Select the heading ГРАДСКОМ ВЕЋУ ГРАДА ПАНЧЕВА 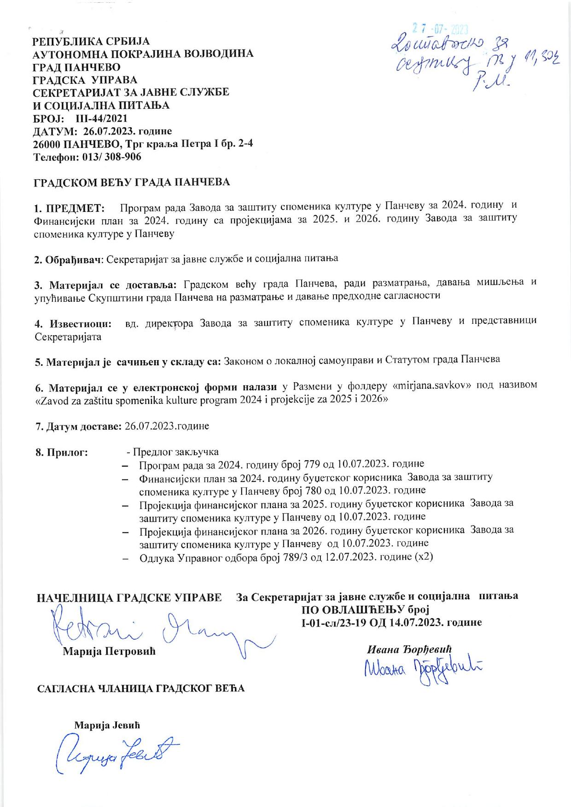pyautogui.click(x=133, y=182)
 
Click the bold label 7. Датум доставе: pyautogui.click(x=78, y=426)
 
